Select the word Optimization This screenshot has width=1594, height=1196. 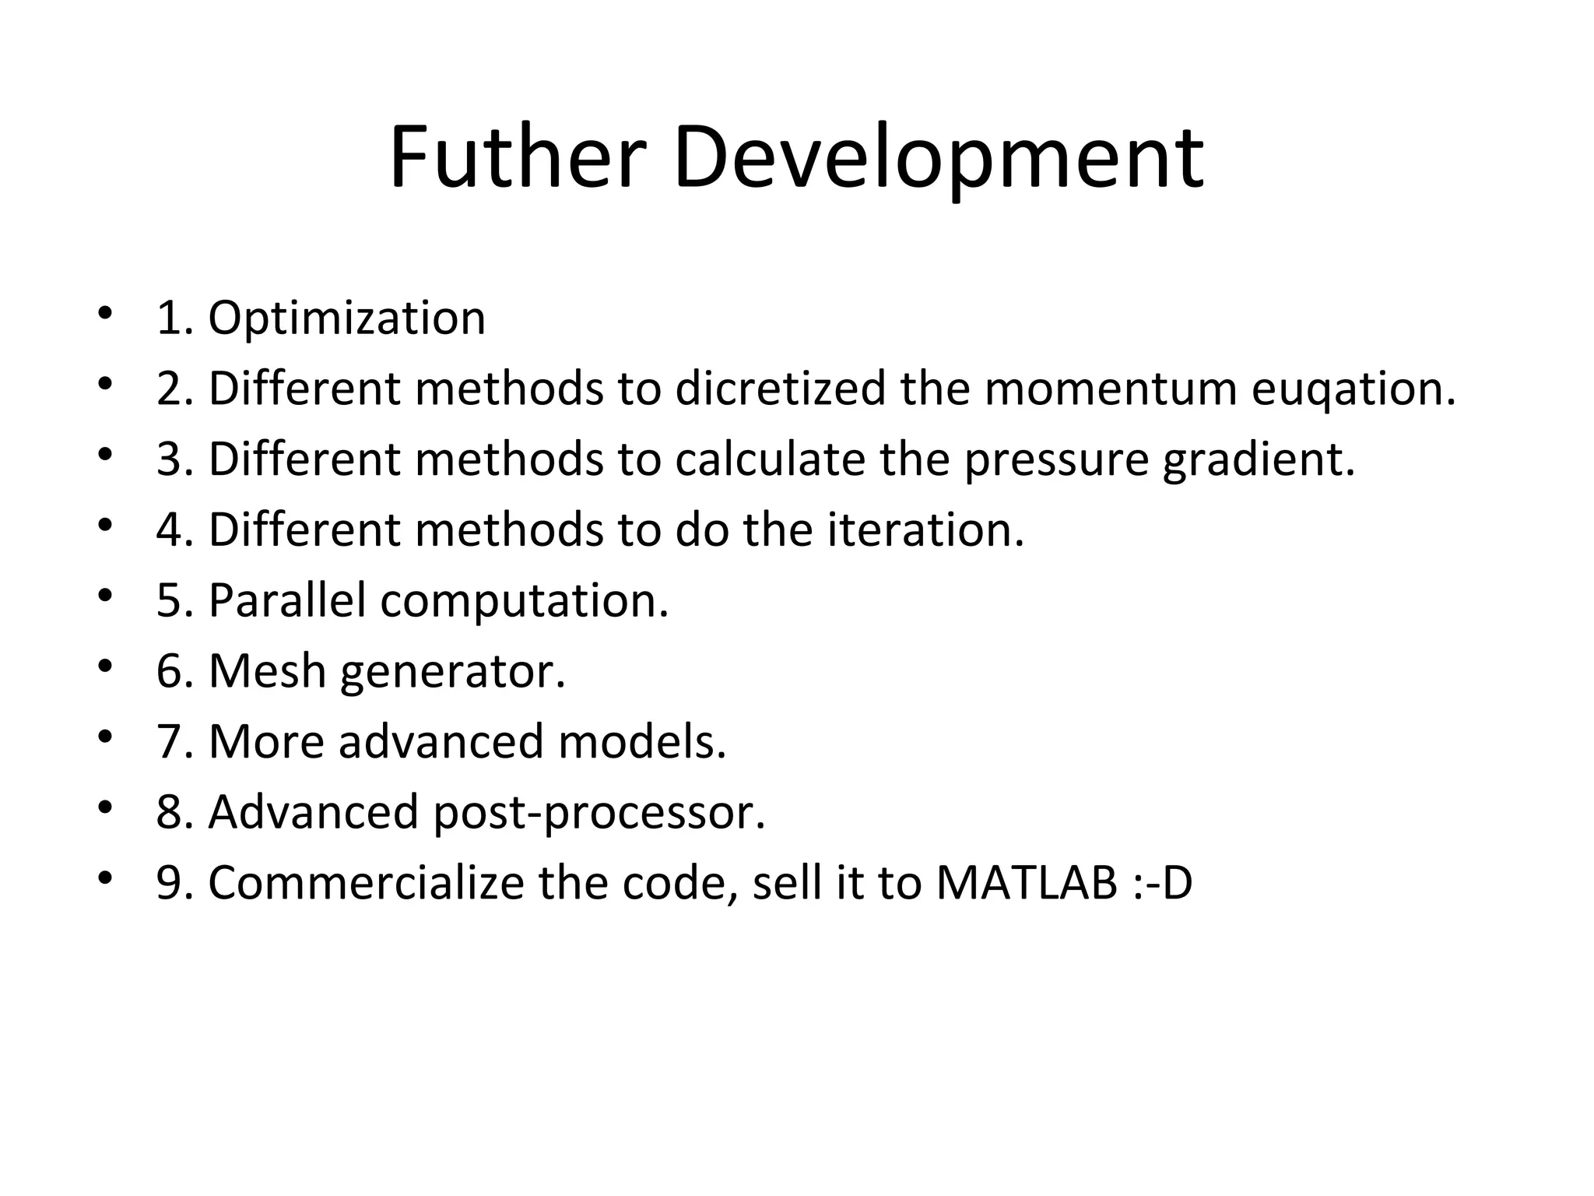point(346,318)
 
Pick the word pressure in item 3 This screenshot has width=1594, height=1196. point(1056,459)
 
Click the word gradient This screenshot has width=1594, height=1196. point(1259,459)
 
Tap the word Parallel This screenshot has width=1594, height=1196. point(286,600)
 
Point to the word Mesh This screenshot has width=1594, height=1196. point(267,670)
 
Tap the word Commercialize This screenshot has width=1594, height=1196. point(366,883)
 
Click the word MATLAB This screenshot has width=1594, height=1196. point(1027,883)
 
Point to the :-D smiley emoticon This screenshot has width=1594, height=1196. point(1163,883)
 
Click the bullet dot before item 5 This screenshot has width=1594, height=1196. point(106,596)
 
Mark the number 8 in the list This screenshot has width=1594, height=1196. point(169,812)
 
